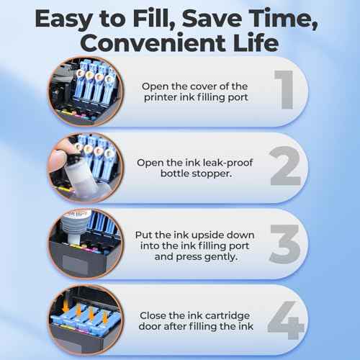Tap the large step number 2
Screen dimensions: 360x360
click(x=286, y=168)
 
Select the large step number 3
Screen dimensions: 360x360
click(x=286, y=242)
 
